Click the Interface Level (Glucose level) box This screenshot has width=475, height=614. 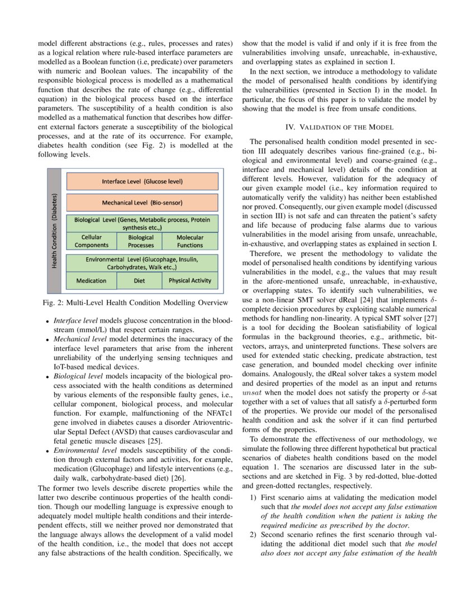click(142, 181)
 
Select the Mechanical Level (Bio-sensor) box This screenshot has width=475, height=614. click(142, 203)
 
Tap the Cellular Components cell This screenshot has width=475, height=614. click(91, 241)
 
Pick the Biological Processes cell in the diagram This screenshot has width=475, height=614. click(140, 241)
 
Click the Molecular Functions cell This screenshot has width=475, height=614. click(190, 241)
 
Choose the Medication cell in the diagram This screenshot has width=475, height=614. click(91, 281)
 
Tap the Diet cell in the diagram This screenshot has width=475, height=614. click(140, 281)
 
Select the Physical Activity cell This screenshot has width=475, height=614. click(190, 281)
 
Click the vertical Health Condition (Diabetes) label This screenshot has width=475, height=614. click(55, 231)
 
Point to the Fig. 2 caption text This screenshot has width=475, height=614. click(135, 303)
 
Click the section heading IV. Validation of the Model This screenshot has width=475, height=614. click(339, 128)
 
